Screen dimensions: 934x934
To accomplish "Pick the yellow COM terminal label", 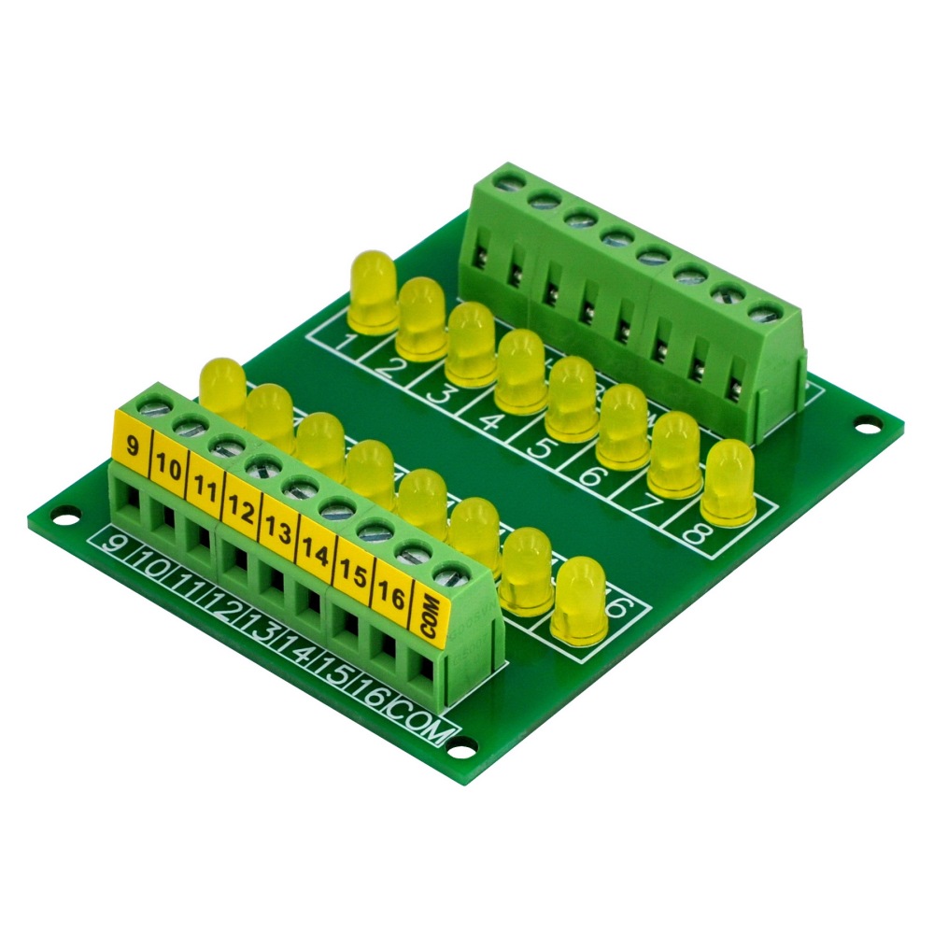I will pyautogui.click(x=432, y=616).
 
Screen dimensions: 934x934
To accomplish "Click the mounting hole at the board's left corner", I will pyautogui.click(x=64, y=513).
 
